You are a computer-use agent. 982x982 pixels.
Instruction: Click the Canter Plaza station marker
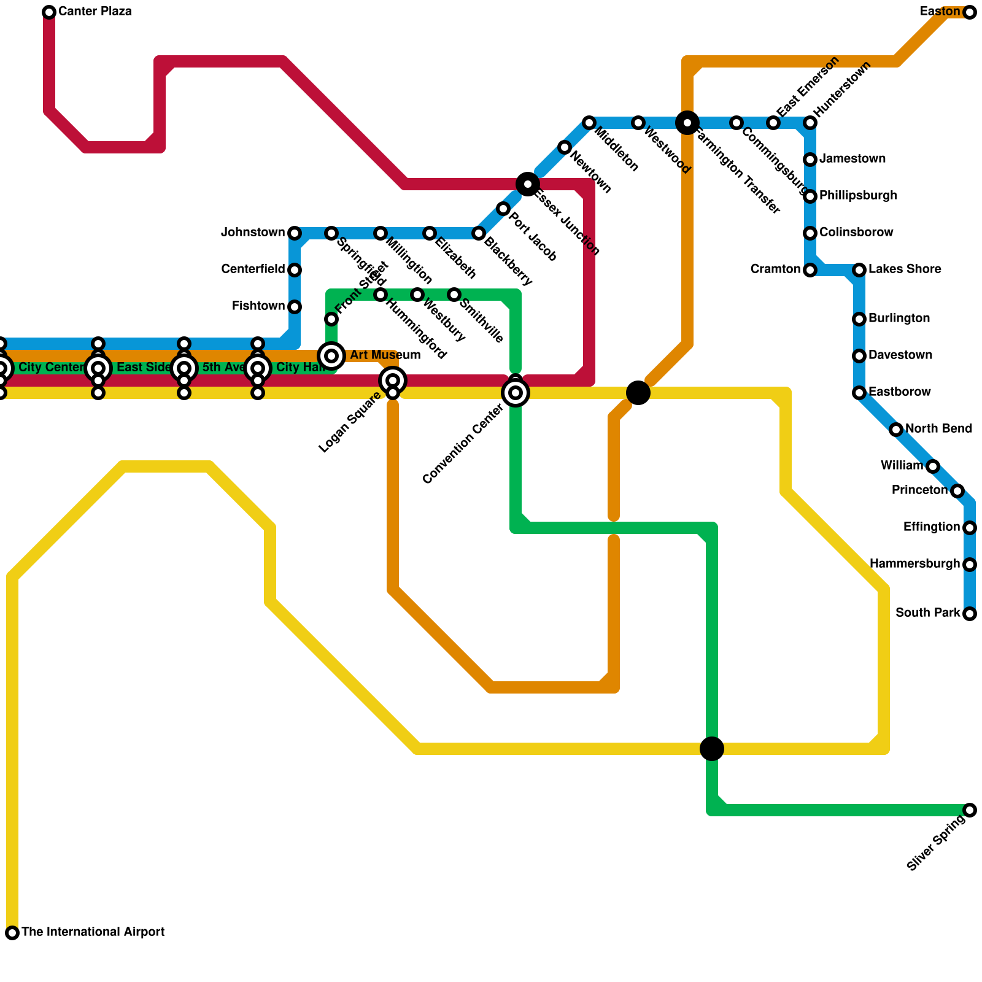[x=49, y=12]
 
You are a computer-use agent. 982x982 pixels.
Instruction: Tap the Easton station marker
[x=969, y=12]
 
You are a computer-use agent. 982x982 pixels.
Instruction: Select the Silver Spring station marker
[x=969, y=810]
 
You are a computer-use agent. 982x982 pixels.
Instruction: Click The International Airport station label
[x=93, y=932]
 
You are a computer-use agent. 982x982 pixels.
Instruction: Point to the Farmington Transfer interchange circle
[x=687, y=123]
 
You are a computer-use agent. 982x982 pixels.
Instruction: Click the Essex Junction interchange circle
[x=528, y=184]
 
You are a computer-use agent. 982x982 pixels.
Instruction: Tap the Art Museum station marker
[x=331, y=355]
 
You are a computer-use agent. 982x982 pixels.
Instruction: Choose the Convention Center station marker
[x=516, y=392]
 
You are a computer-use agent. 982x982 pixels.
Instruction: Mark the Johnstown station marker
[x=295, y=233]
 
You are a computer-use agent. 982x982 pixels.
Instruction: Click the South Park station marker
[x=969, y=614]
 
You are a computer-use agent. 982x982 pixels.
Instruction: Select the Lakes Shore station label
[x=905, y=269]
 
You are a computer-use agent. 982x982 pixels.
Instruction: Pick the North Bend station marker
[x=896, y=430]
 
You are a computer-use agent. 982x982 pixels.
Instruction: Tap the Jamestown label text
[x=852, y=159]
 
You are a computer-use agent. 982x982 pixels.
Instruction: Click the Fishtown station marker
[x=295, y=307]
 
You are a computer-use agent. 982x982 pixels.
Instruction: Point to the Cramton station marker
[x=810, y=270]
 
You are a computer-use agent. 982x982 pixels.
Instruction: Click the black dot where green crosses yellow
[x=712, y=748]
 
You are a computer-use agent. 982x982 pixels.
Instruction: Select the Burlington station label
[x=899, y=319]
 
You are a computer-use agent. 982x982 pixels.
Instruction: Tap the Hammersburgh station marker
[x=969, y=565]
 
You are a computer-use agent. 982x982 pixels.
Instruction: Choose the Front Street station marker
[x=331, y=319]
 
